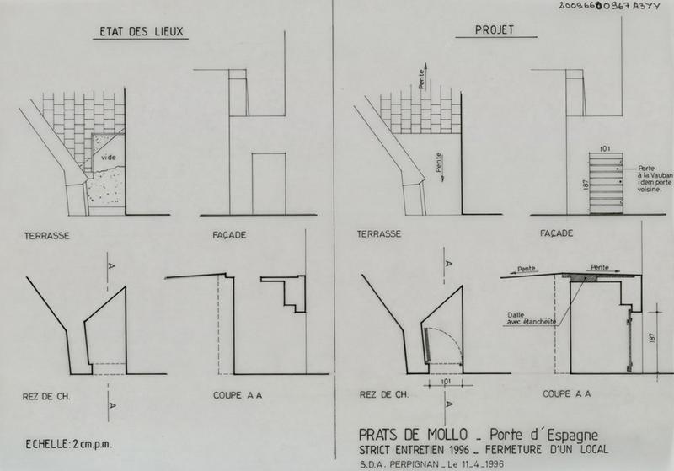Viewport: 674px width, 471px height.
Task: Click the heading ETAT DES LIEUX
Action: [x=141, y=31]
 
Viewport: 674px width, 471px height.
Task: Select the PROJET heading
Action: [x=495, y=29]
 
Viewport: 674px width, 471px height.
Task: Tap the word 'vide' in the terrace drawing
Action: [x=109, y=158]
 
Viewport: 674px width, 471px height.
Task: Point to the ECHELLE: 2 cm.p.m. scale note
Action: [x=69, y=444]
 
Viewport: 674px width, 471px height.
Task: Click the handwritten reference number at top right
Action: [x=608, y=6]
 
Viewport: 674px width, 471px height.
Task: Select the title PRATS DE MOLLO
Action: [x=413, y=434]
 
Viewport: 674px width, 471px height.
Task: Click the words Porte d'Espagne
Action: [x=543, y=435]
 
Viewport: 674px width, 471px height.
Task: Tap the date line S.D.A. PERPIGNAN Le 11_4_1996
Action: [x=431, y=464]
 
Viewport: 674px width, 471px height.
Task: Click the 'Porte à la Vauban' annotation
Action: [x=655, y=179]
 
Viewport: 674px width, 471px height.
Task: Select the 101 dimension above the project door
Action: [x=604, y=148]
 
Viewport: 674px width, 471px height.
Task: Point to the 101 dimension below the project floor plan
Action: [x=447, y=381]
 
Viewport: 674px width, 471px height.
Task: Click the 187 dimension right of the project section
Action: [x=652, y=337]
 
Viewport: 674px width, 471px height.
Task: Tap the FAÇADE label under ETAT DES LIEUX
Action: [x=229, y=235]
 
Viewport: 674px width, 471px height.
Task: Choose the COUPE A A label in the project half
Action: [x=566, y=393]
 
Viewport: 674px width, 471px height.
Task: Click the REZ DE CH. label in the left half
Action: [x=46, y=396]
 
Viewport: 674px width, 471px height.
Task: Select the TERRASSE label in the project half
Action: [x=378, y=233]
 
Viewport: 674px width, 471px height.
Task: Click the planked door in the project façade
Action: [x=606, y=184]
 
